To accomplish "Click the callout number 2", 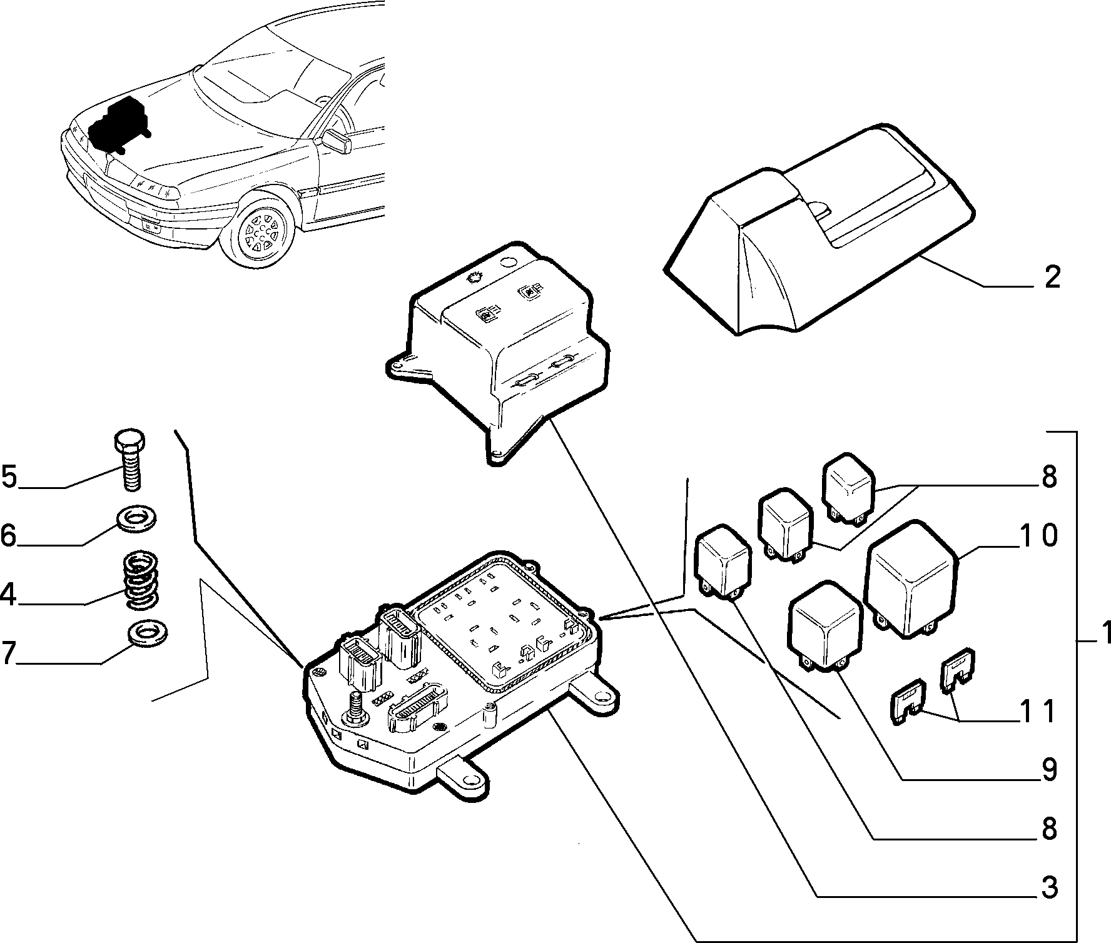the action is [1052, 277].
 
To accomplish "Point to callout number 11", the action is [1038, 711].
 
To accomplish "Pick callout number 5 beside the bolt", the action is [9, 477].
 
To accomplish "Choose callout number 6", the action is [8, 536].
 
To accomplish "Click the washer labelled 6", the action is [137, 518].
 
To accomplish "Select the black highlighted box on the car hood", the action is [119, 124].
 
